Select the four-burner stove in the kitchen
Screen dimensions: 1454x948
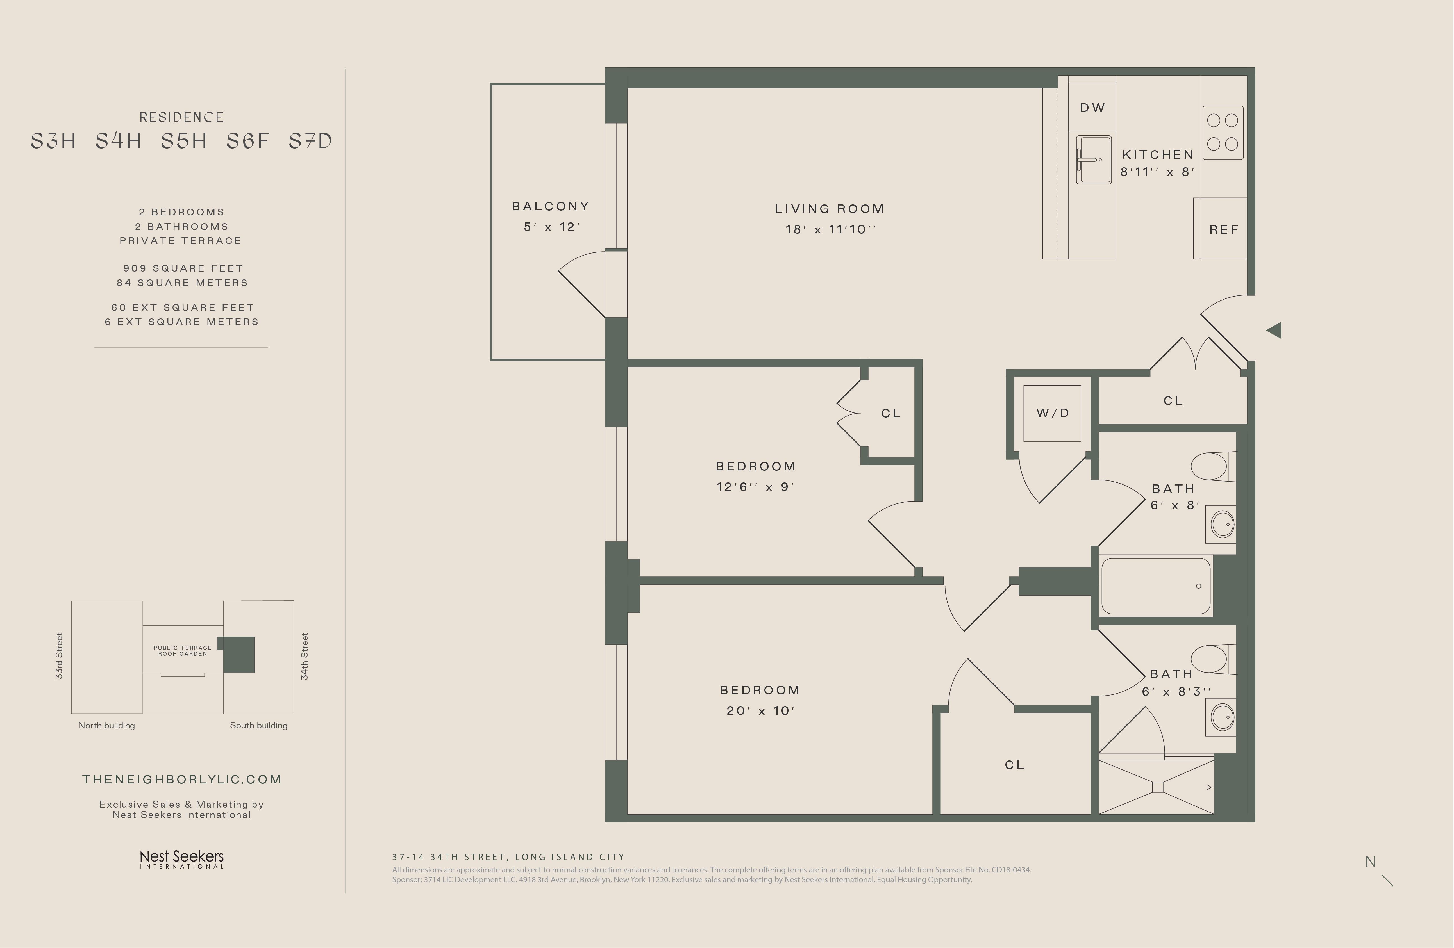click(x=1223, y=133)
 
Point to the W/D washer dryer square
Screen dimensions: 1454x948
click(x=1052, y=414)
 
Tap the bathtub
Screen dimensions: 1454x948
click(x=1155, y=586)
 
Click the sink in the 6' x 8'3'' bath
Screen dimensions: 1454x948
click(x=1222, y=717)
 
